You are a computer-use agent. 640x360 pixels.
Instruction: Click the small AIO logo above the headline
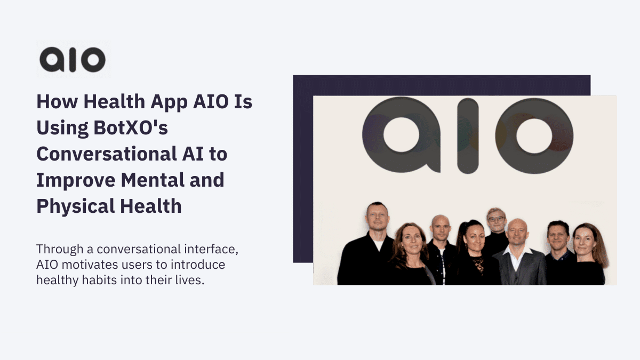(x=73, y=60)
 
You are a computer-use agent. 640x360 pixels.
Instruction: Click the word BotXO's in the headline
(x=131, y=127)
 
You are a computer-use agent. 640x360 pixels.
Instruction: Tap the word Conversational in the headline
(x=107, y=154)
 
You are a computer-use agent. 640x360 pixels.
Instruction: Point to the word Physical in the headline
(x=75, y=206)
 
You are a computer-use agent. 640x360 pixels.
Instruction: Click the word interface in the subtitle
(x=211, y=249)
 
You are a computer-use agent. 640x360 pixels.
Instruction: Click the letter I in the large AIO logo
(x=468, y=135)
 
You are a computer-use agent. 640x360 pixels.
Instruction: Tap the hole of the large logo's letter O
(x=534, y=136)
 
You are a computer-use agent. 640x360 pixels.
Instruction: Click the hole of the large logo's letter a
(x=401, y=135)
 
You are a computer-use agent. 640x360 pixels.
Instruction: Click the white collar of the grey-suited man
(x=517, y=253)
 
